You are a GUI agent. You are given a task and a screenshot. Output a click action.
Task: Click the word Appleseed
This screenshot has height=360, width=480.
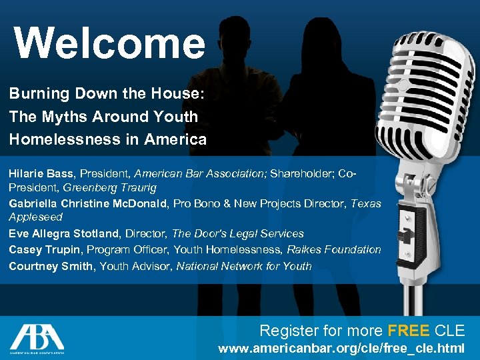click(35, 217)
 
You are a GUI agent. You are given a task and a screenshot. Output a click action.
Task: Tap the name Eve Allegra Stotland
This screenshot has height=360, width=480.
click(64, 233)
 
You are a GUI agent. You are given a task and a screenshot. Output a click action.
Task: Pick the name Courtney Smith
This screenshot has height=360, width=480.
click(52, 266)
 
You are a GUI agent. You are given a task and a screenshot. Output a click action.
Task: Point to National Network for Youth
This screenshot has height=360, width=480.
click(244, 266)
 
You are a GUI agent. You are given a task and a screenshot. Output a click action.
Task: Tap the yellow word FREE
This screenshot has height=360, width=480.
click(408, 330)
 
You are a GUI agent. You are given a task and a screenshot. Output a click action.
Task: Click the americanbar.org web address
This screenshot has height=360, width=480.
click(341, 349)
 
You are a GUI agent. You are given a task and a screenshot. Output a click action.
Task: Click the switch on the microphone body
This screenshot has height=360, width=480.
click(403, 235)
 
